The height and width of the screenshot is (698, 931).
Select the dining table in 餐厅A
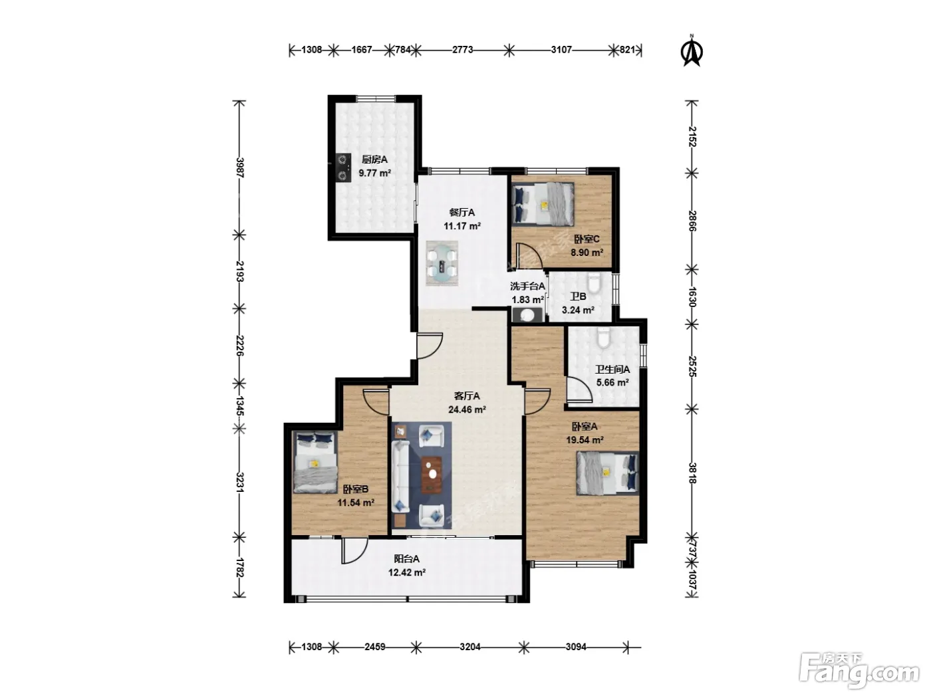(442, 263)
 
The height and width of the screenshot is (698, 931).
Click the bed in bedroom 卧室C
(543, 203)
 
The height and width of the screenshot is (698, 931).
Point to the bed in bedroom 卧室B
(315, 461)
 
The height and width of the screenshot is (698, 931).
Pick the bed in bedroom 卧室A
(607, 473)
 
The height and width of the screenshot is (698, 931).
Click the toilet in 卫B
(595, 283)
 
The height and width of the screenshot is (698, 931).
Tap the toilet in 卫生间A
(603, 337)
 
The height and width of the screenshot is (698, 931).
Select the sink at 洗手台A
(527, 315)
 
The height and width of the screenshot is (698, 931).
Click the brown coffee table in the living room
(432, 475)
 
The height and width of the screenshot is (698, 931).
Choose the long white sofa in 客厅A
(400, 477)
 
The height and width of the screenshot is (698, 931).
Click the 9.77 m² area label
(374, 173)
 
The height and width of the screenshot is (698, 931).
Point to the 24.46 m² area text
(467, 409)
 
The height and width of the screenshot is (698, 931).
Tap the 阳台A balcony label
(406, 558)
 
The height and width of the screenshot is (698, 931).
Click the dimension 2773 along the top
(462, 50)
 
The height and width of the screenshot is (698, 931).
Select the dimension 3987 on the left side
(239, 168)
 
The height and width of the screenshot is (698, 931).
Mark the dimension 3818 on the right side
(692, 473)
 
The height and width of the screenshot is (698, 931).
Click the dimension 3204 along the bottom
(470, 647)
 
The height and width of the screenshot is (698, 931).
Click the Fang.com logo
(859, 671)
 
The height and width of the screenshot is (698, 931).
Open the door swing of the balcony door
(354, 550)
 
